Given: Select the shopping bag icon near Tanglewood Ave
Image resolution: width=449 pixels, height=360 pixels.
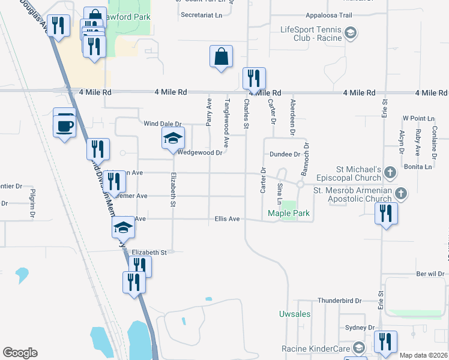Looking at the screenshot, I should (221, 56).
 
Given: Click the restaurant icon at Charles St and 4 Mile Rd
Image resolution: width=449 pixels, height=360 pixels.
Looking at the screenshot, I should (254, 79).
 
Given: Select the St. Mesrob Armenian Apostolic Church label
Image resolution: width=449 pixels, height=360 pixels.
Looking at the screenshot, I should (353, 194).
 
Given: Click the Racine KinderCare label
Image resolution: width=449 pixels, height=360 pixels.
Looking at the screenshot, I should (316, 349).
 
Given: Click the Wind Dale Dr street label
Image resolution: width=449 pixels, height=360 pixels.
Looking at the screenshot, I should (162, 124).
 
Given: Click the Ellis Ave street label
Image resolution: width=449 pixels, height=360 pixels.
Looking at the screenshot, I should (227, 219).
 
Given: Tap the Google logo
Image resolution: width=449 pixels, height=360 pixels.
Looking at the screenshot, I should (20, 353).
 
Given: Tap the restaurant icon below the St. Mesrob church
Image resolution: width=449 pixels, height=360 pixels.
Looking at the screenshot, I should (386, 214).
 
